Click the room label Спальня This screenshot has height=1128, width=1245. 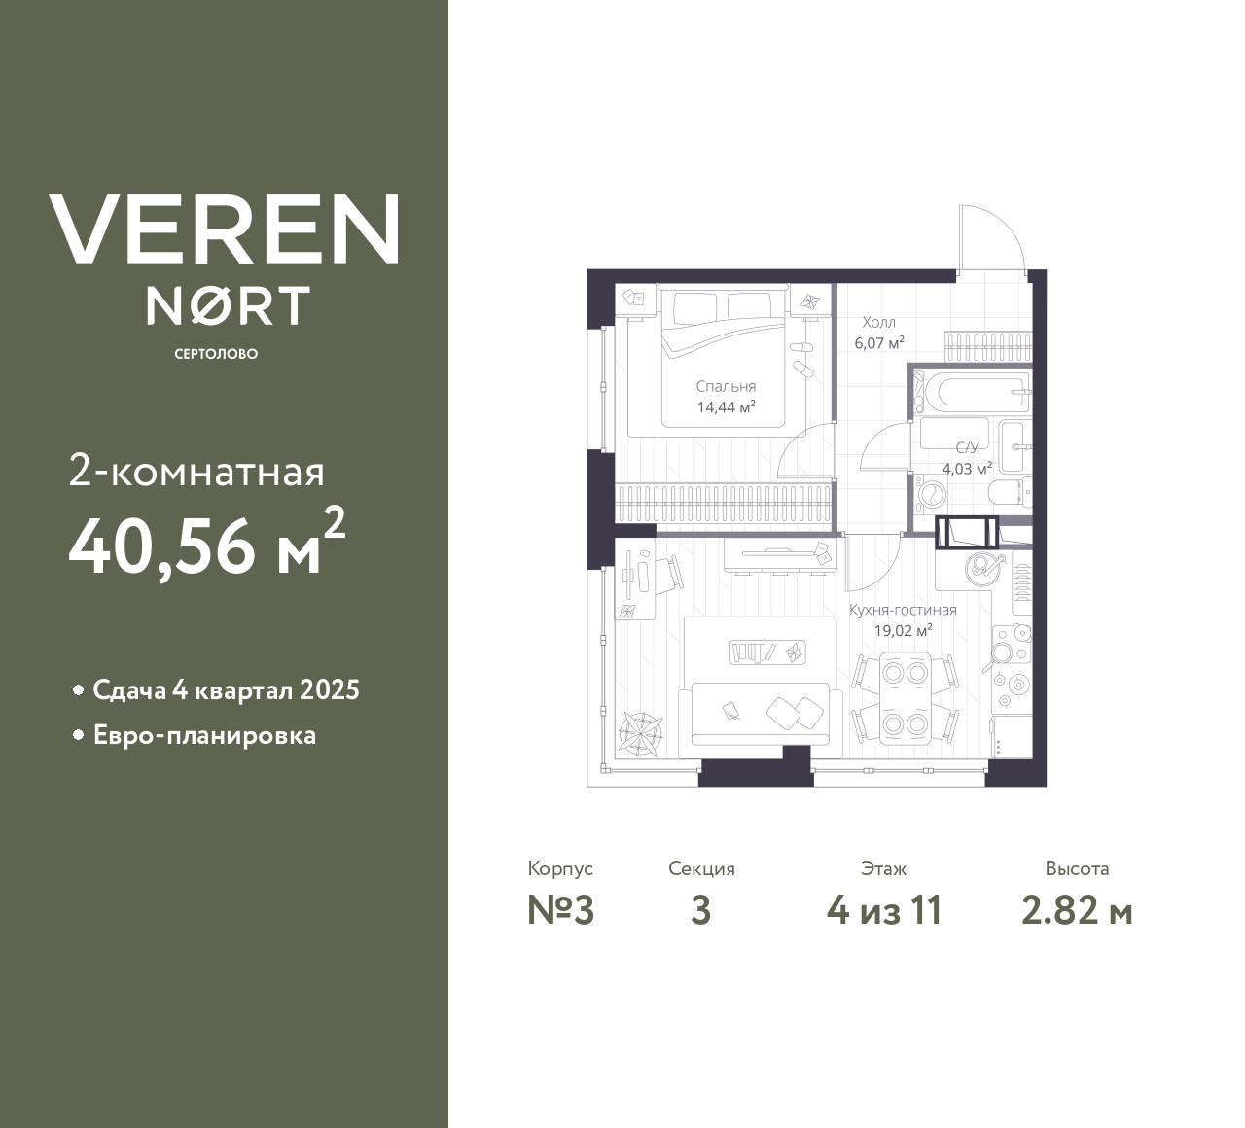(726, 387)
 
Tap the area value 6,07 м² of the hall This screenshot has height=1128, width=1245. (879, 342)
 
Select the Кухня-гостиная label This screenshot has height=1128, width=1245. (903, 610)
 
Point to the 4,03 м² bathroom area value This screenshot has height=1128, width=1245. (967, 468)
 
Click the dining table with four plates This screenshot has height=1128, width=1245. (905, 698)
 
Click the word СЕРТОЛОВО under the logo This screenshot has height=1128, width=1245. (216, 354)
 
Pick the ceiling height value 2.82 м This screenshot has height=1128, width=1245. (1077, 911)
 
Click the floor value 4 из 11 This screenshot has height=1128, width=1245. (884, 911)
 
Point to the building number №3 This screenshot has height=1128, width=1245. (561, 911)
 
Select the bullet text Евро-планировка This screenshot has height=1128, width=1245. (205, 736)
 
